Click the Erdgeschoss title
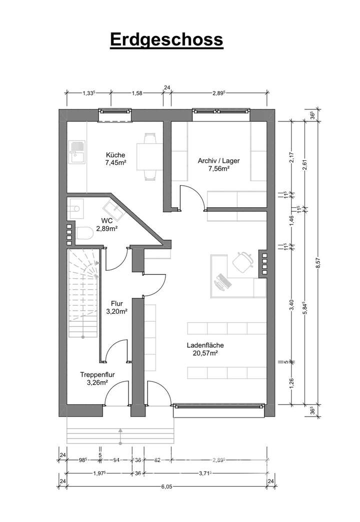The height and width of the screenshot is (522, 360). point(166,40)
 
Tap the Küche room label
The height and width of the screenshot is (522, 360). point(115,155)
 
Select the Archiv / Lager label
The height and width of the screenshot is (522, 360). point(218,161)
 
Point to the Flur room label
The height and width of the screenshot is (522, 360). point(116,303)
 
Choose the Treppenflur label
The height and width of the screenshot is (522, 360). point(94,375)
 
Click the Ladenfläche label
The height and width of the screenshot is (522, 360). point(205,345)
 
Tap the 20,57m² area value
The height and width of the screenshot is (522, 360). point(205,353)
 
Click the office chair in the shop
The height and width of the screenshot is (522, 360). point(242,261)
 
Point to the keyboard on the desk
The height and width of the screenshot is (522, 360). point(221,281)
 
